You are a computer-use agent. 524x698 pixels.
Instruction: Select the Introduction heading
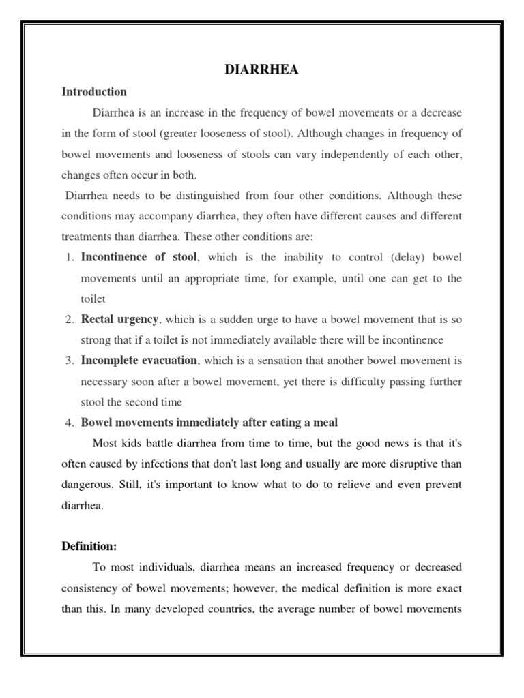click(x=94, y=91)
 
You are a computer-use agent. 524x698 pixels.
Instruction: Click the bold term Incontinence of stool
click(x=139, y=257)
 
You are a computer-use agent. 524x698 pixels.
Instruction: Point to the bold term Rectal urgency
click(x=119, y=319)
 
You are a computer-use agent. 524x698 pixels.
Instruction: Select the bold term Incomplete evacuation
click(x=139, y=360)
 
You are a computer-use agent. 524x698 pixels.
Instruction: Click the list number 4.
click(x=69, y=423)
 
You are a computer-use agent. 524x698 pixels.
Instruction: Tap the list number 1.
click(x=69, y=258)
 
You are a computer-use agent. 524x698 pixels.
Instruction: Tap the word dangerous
click(x=87, y=485)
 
